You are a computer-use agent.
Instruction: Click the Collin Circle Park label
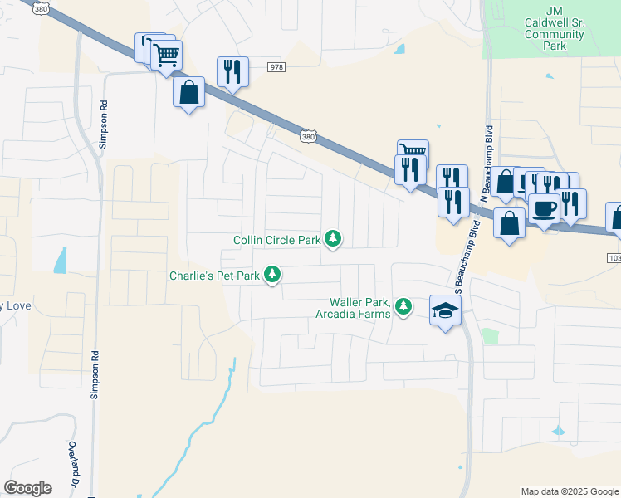(276, 241)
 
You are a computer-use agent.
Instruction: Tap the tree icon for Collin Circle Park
(333, 239)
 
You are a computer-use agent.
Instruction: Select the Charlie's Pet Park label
(215, 275)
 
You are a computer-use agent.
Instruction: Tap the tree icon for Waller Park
(403, 307)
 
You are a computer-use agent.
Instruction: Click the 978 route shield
(276, 66)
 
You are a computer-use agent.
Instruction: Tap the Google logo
(27, 488)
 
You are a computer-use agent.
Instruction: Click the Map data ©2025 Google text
(569, 491)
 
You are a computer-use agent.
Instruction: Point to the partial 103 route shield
(614, 259)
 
